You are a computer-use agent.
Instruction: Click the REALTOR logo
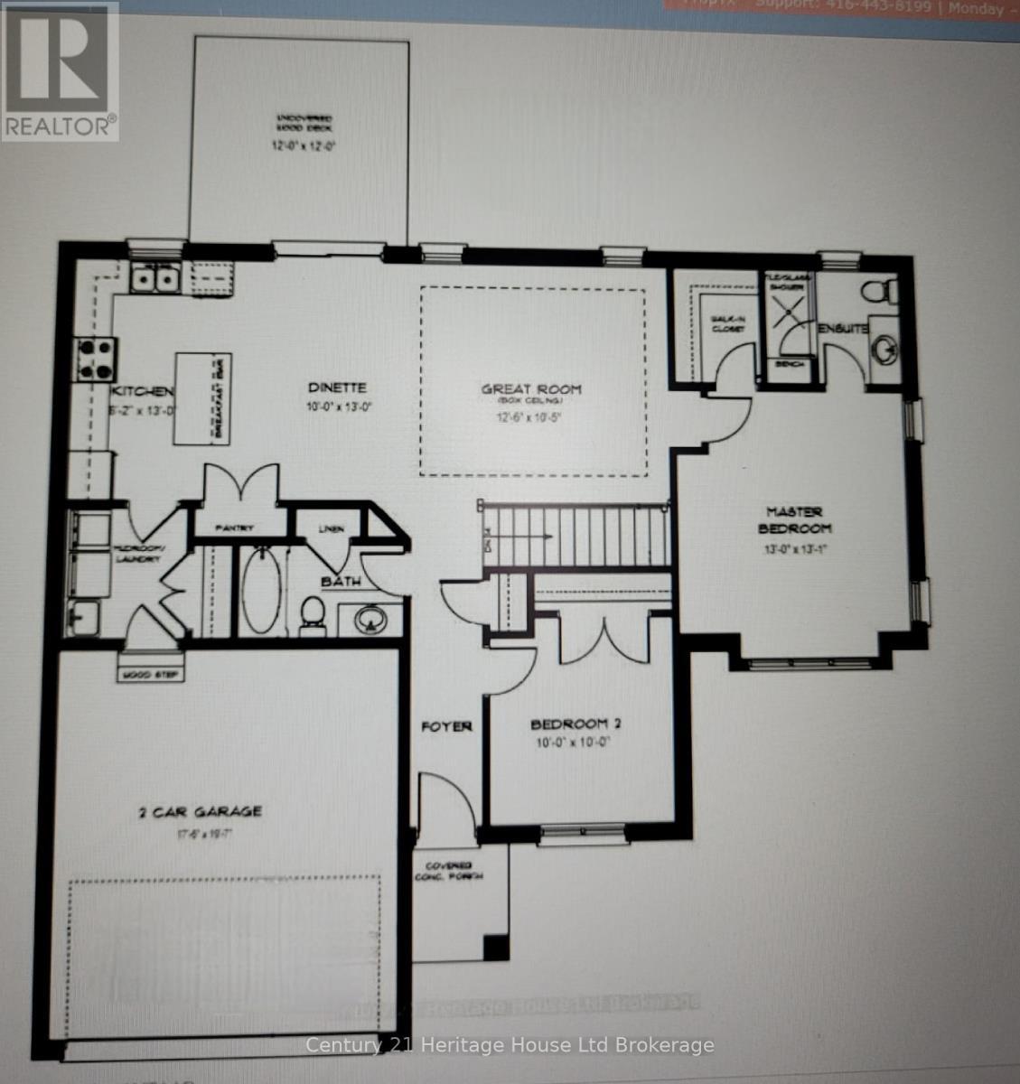pyautogui.click(x=60, y=70)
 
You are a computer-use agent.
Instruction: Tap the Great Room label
pyautogui.click(x=531, y=389)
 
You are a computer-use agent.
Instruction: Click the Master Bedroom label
pyautogui.click(x=795, y=519)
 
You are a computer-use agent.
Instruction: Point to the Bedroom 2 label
pyautogui.click(x=576, y=724)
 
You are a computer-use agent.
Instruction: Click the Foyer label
pyautogui.click(x=446, y=726)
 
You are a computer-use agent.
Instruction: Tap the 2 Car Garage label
pyautogui.click(x=201, y=811)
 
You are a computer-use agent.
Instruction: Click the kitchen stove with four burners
pyautogui.click(x=97, y=358)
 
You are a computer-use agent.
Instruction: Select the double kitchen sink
pyautogui.click(x=154, y=279)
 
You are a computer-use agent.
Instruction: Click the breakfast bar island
pyautogui.click(x=202, y=398)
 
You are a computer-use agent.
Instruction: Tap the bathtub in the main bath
pyautogui.click(x=261, y=591)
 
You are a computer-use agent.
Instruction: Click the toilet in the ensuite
pyautogui.click(x=879, y=292)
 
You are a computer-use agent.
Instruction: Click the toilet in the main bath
pyautogui.click(x=313, y=611)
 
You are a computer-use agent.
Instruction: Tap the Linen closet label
pyautogui.click(x=332, y=528)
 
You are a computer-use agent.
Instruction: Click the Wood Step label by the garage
pyautogui.click(x=151, y=674)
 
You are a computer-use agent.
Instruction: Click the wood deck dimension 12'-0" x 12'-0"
pyautogui.click(x=304, y=145)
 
